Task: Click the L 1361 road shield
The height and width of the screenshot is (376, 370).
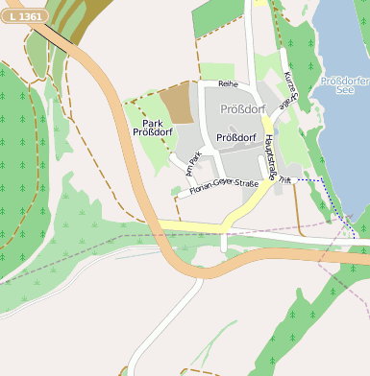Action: [x=25, y=17]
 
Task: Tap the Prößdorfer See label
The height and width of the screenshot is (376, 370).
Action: [x=345, y=85]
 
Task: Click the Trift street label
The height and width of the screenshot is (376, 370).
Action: [x=285, y=179]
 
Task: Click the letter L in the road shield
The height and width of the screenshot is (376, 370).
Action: [x=12, y=17]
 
